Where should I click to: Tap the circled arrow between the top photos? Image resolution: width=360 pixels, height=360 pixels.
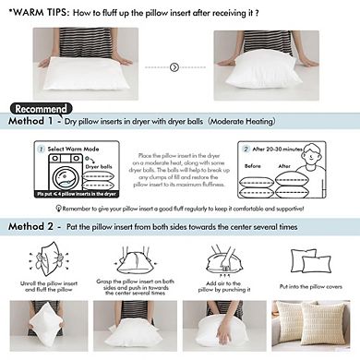pos(175,66)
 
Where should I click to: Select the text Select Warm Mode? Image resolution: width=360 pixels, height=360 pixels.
pos(70,147)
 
